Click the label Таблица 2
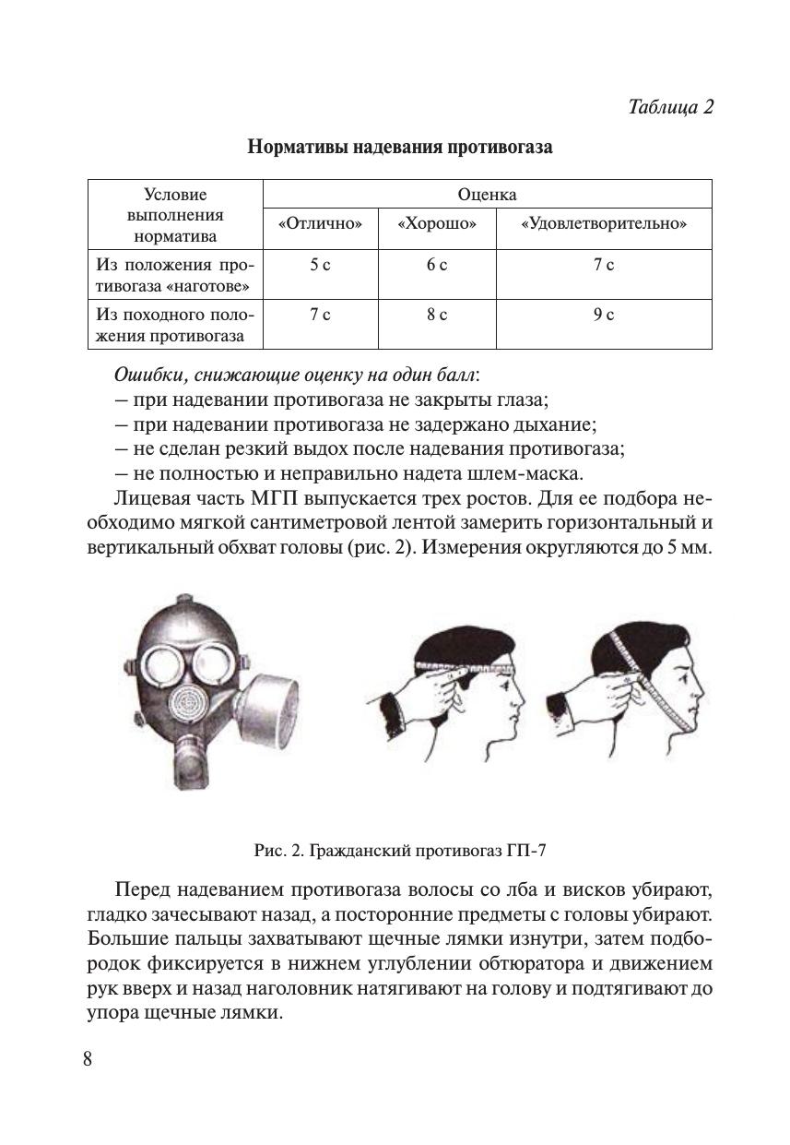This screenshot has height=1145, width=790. point(670,106)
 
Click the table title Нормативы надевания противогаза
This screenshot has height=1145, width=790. point(400,147)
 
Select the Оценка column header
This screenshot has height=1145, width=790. point(487,195)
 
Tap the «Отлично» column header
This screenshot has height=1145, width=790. point(320,224)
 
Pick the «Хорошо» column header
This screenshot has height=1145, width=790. point(437,224)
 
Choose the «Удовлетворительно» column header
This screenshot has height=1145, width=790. point(604,224)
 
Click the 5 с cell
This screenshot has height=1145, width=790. point(320,266)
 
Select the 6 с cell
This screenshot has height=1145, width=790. point(437,266)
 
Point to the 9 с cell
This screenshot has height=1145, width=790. point(604,316)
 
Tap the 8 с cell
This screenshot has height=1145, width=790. point(437,316)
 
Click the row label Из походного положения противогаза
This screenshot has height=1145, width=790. point(174,325)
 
